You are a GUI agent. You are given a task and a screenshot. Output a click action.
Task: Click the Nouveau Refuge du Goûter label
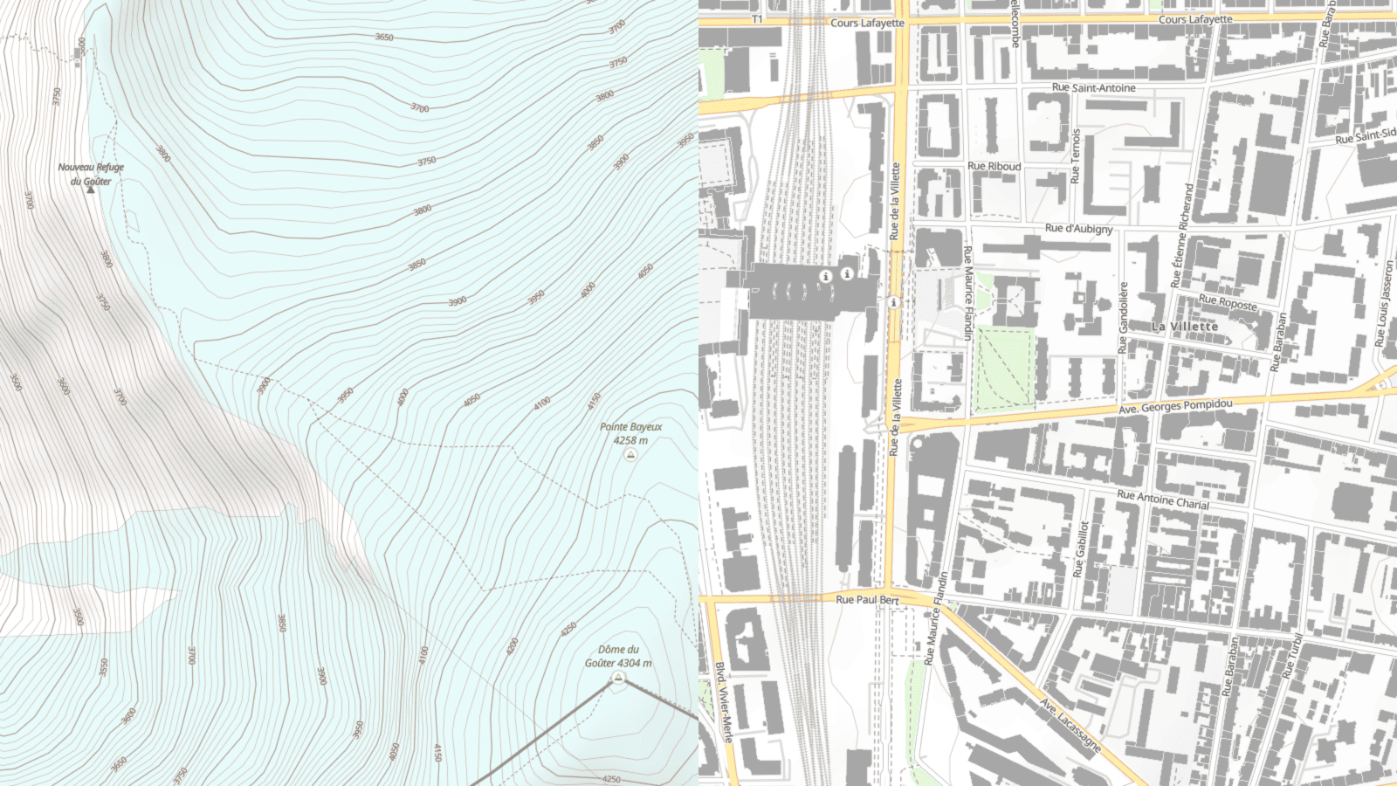click(91, 174)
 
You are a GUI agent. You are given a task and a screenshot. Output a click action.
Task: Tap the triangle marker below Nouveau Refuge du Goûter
click(90, 190)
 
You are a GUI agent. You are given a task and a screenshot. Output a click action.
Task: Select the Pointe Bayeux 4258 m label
click(630, 433)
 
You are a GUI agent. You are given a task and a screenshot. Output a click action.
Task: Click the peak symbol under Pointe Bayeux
click(630, 455)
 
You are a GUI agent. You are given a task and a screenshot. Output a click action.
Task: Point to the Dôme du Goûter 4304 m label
click(618, 656)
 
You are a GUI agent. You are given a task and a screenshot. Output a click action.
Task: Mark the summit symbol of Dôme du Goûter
click(618, 678)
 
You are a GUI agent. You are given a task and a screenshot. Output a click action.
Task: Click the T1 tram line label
click(757, 19)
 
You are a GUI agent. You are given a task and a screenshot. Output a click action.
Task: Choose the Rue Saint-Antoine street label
click(1093, 88)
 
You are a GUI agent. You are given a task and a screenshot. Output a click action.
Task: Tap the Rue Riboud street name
click(994, 166)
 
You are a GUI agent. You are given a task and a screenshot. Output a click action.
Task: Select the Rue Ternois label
click(1076, 156)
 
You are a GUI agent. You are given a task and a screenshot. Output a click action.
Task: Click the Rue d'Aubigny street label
click(1078, 229)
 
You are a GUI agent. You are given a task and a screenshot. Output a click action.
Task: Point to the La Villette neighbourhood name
click(1184, 327)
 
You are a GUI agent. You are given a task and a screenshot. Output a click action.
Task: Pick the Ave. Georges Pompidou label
click(1175, 406)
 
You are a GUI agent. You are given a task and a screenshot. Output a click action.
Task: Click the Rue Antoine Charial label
click(1163, 500)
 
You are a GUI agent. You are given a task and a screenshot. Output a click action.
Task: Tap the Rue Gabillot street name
click(1082, 549)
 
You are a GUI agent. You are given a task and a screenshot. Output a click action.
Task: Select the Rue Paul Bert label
click(867, 600)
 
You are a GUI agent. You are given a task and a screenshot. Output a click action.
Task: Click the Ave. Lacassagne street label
click(1070, 724)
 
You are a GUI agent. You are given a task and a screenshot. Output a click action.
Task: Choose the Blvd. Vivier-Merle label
click(724, 701)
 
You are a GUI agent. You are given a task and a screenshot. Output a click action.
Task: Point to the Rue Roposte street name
click(1228, 302)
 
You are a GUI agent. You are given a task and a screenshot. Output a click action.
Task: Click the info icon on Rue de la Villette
click(893, 302)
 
